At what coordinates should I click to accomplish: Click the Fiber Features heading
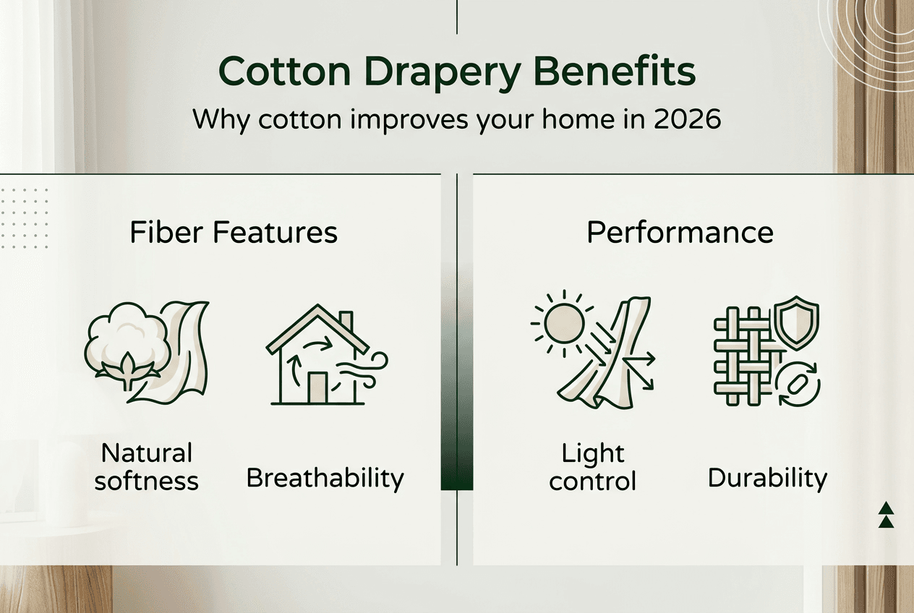234,233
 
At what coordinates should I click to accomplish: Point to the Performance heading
680,233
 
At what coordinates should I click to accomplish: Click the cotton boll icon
127,344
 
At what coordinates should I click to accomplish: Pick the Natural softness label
147,466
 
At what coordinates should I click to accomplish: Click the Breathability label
325,478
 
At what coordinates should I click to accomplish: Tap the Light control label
592,466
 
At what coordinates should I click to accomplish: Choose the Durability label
767,478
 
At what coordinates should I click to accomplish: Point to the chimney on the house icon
346,319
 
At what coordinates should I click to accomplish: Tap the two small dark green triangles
886,514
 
